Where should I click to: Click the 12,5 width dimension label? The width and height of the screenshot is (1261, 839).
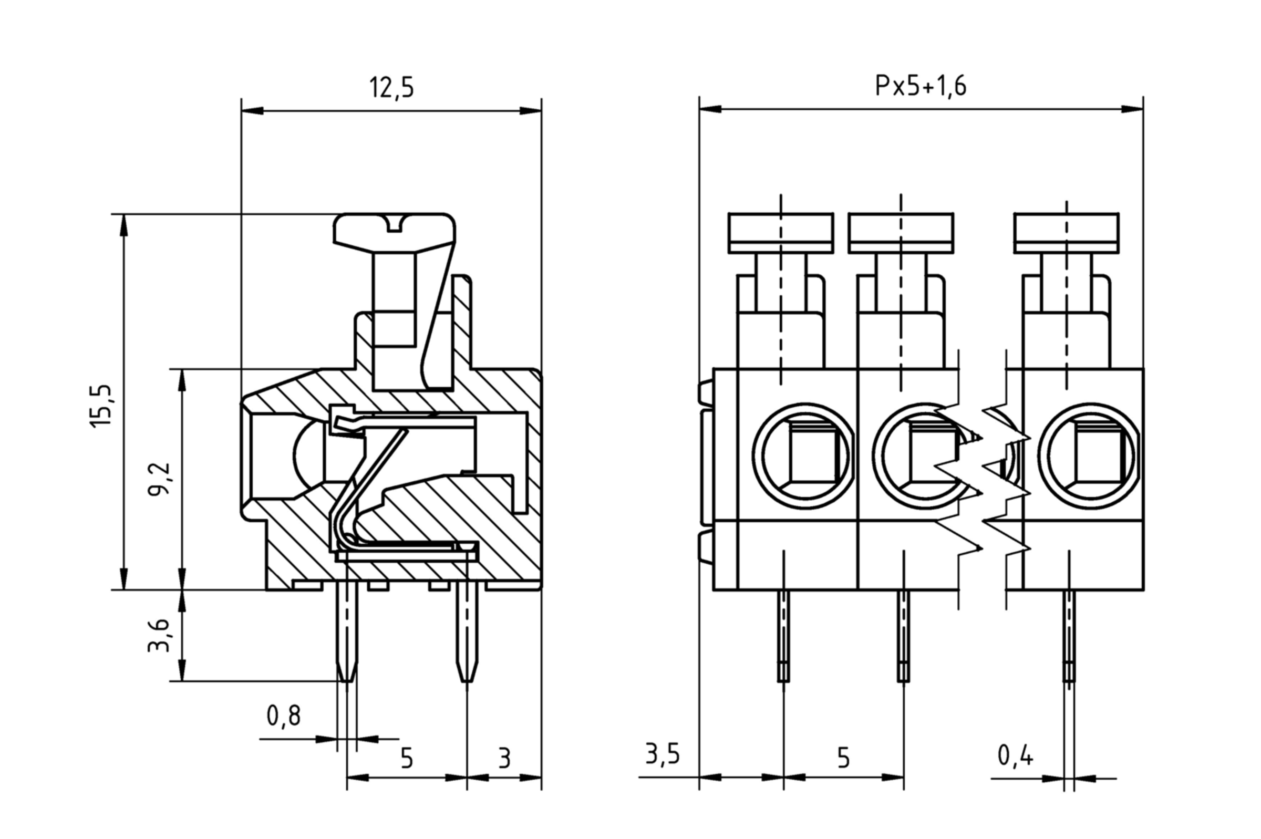click(x=391, y=87)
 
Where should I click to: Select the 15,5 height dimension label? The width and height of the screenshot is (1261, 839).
click(x=101, y=406)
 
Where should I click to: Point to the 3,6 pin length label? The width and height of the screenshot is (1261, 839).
click(x=159, y=635)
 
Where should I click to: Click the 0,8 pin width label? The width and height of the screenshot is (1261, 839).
click(x=284, y=716)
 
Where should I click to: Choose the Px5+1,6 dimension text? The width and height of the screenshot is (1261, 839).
click(x=920, y=86)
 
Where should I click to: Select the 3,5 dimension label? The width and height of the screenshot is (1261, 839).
click(x=663, y=754)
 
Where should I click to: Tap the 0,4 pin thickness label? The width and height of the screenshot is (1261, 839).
click(x=1016, y=756)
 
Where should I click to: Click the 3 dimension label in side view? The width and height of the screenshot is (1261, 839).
click(x=504, y=758)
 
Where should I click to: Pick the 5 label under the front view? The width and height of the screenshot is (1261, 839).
click(x=843, y=758)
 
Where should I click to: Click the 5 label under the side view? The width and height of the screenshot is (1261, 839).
click(x=407, y=758)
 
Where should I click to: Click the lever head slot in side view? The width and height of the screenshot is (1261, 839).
click(x=395, y=224)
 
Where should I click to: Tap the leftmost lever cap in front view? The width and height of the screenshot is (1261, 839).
click(x=781, y=233)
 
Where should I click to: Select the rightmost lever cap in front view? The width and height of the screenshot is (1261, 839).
click(x=1066, y=233)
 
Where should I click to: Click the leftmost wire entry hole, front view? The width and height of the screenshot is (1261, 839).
click(x=804, y=455)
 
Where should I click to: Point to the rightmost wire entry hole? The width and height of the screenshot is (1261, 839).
click(x=1090, y=455)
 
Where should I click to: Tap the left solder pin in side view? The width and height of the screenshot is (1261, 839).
click(x=347, y=634)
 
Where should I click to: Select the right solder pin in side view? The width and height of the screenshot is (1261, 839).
click(x=467, y=634)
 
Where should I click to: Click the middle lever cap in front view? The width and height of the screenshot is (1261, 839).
click(x=901, y=233)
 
